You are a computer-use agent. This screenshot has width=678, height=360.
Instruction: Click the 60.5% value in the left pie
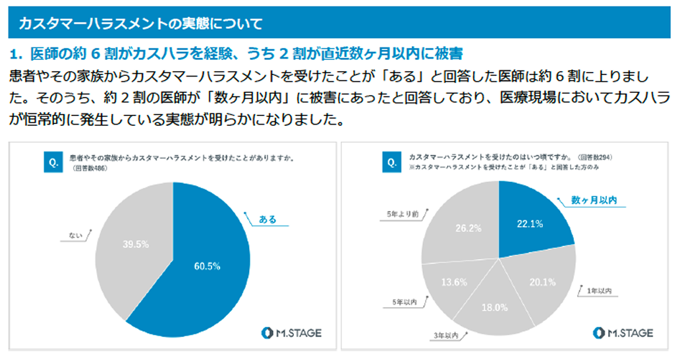point(206,266)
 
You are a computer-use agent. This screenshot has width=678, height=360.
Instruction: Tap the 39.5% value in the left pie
point(136,244)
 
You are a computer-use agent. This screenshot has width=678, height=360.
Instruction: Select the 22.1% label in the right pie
point(529,224)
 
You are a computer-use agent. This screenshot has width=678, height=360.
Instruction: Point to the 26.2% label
point(468,228)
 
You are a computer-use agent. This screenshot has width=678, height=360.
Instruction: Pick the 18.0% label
point(494,307)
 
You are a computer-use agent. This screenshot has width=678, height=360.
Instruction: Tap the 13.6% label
point(453,282)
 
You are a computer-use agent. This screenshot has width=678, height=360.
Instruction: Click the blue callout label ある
point(268,219)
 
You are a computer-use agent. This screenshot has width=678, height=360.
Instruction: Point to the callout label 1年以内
point(600,291)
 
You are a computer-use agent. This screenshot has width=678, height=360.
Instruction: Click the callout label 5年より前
point(401,214)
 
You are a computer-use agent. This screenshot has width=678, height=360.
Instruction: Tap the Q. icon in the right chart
point(391,162)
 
